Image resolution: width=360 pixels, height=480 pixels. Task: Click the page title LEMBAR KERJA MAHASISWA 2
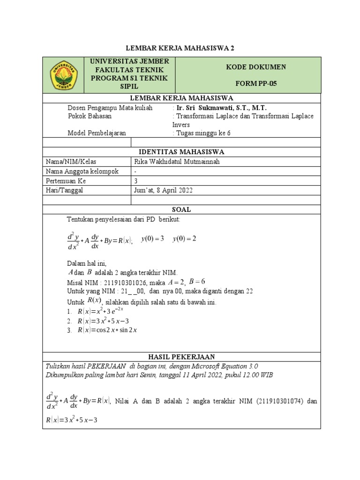point(181,48)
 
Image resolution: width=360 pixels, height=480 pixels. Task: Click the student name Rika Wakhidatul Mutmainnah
point(177,162)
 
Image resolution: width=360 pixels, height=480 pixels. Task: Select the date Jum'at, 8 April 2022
point(163,190)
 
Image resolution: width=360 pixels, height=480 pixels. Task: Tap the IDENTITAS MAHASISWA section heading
point(181,152)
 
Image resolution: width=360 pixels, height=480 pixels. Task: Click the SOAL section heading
point(181,210)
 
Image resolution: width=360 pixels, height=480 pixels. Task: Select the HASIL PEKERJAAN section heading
point(181,357)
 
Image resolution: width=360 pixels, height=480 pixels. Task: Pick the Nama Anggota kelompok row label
point(82,171)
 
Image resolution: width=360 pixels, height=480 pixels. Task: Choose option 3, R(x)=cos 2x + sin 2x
point(108,330)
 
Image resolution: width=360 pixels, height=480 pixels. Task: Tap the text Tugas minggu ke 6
point(203,133)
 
